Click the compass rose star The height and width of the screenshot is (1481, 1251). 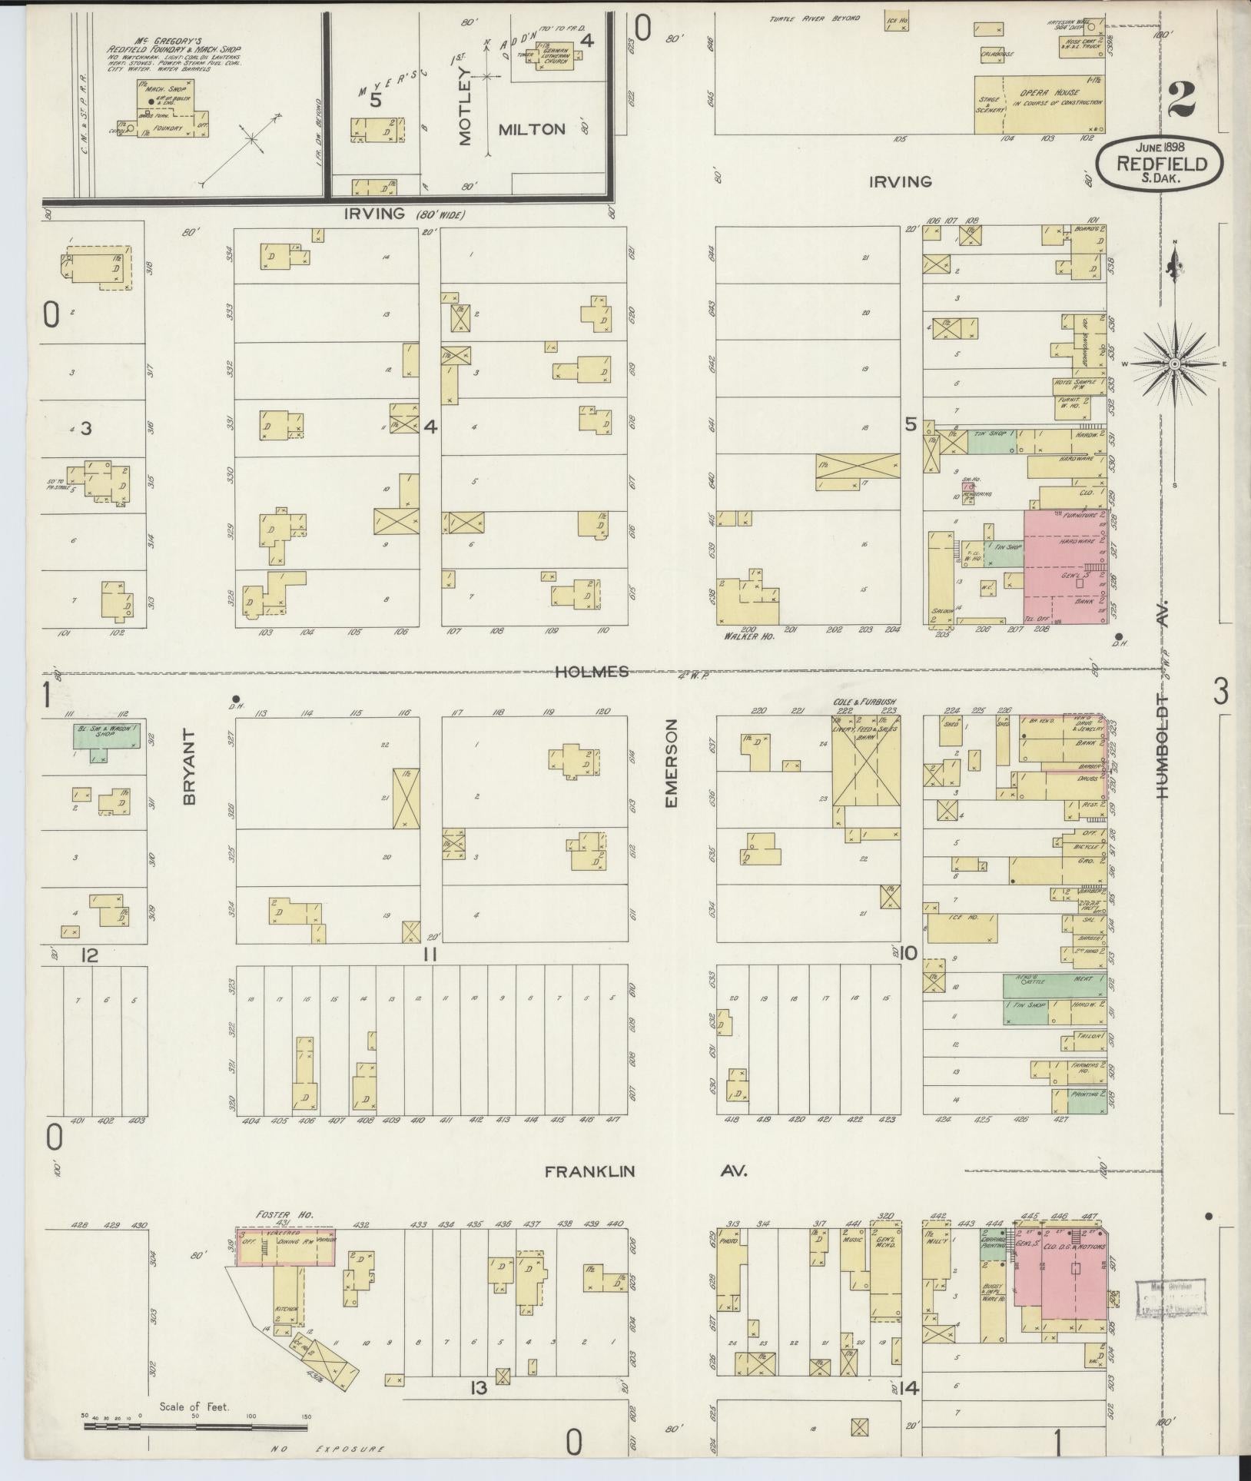(x=1175, y=363)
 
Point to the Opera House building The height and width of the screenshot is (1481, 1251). (x=1040, y=104)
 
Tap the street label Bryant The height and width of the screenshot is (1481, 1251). (x=191, y=767)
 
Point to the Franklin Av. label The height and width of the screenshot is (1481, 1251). (x=645, y=1194)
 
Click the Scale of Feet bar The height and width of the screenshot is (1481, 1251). (x=196, y=1426)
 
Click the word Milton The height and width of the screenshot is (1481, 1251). (x=531, y=129)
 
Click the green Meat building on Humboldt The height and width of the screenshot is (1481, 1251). (x=1056, y=985)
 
